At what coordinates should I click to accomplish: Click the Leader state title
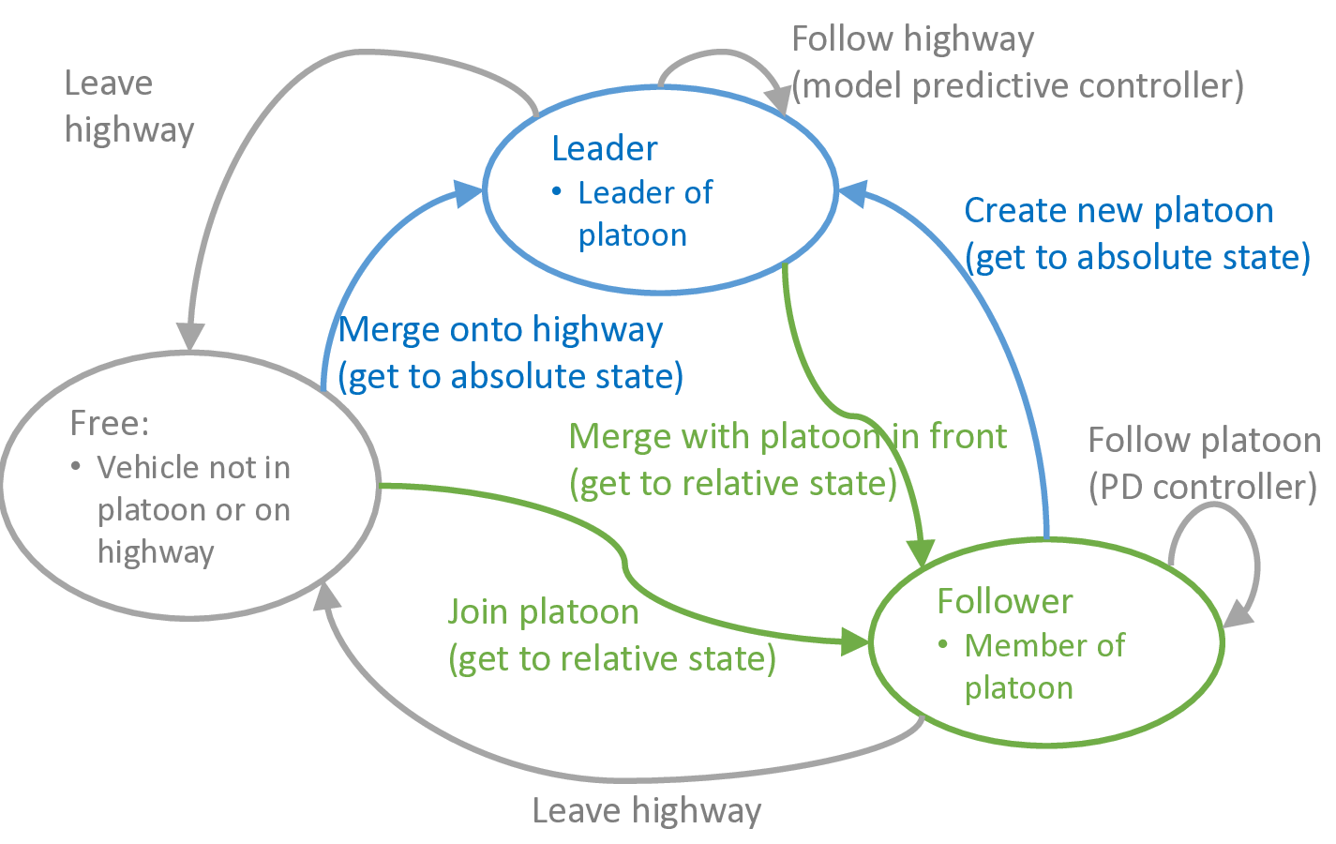[604, 148]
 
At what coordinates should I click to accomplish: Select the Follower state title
[1004, 601]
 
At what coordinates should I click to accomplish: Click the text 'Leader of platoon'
[645, 214]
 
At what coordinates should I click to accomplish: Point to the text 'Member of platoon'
[1043, 667]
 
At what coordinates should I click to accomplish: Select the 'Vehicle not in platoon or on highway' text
[193, 509]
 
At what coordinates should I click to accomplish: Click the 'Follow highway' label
[912, 39]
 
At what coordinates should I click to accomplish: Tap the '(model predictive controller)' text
[1017, 86]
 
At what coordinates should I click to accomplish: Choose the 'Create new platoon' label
[1118, 211]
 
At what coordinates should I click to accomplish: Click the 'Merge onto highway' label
[501, 330]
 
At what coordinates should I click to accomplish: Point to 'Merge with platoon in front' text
[788, 437]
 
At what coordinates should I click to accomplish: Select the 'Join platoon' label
[544, 612]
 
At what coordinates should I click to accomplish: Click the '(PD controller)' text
[1202, 488]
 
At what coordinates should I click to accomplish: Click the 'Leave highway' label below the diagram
[646, 811]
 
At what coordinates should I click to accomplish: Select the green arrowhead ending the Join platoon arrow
[855, 642]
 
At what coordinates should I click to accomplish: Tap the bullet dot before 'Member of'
[944, 645]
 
